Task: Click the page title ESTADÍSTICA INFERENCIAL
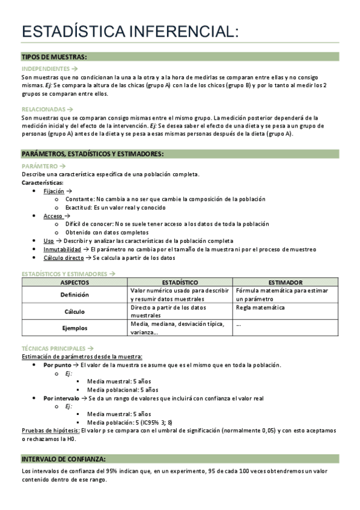[129, 32]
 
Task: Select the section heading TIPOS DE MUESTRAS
[54, 57]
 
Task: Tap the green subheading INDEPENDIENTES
[46, 69]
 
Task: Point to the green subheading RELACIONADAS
[44, 109]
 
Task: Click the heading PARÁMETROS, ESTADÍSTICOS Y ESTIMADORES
[92, 154]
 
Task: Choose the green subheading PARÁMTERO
[40, 165]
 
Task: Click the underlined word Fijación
[54, 191]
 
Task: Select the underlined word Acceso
[52, 215]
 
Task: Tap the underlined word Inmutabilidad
[62, 249]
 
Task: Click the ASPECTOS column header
[75, 282]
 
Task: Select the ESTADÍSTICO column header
[180, 282]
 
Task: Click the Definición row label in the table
[75, 295]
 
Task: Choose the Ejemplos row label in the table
[75, 328]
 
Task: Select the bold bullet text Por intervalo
[61, 398]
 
